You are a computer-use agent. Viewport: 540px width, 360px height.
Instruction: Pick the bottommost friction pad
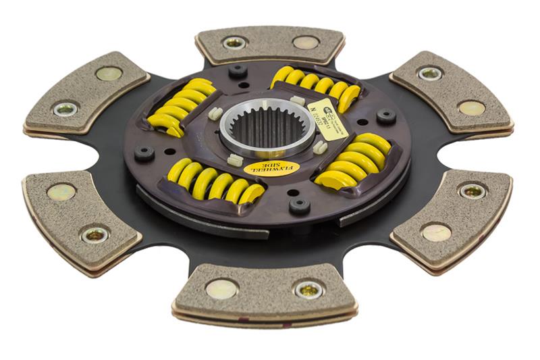tap(264, 291)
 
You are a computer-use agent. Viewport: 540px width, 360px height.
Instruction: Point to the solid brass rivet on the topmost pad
tap(305, 42)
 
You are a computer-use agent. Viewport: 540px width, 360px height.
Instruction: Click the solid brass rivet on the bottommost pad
tap(221, 289)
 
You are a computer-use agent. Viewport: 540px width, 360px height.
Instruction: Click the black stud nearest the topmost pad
tap(237, 70)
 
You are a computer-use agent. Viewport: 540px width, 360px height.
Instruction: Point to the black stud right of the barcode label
tap(386, 116)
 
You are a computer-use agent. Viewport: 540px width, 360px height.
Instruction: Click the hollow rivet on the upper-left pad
tap(65, 109)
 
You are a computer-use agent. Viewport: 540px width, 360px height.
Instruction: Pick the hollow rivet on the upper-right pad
tap(430, 74)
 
